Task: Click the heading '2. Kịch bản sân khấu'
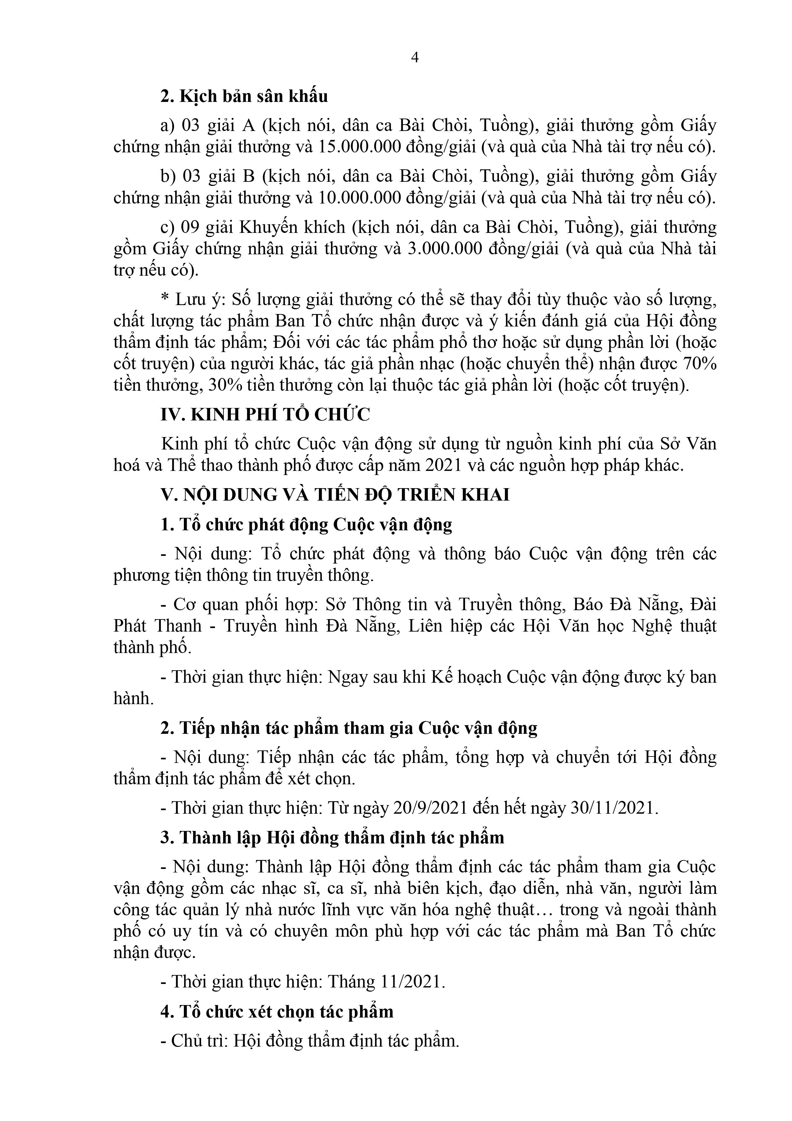pos(244,96)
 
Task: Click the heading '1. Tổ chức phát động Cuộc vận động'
pos(306,524)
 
